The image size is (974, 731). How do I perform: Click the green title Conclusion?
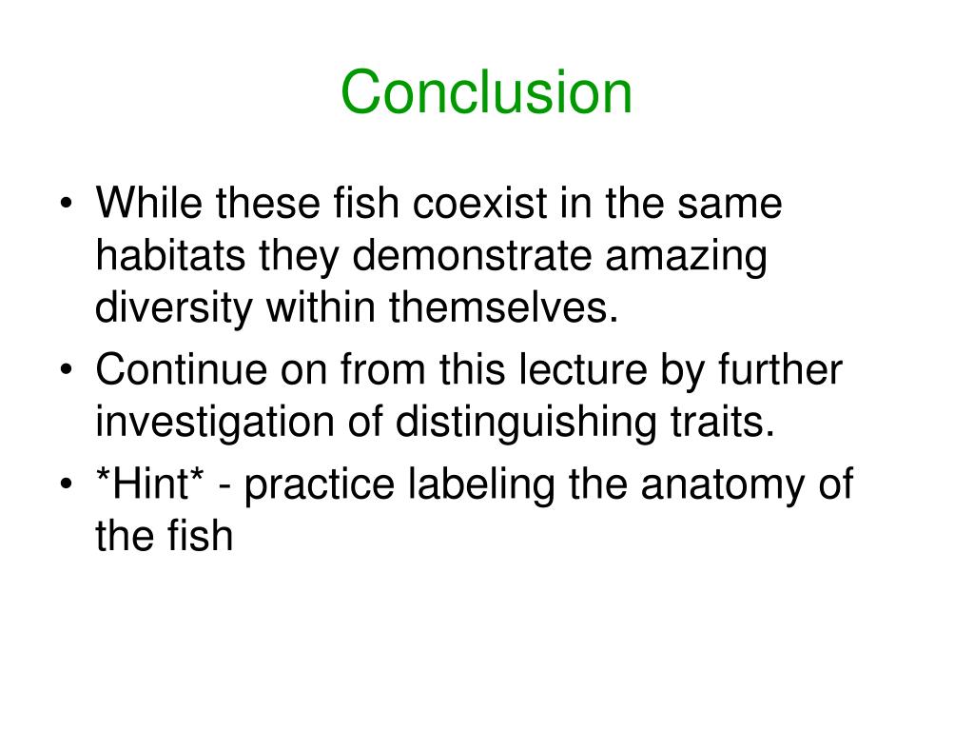pos(486,93)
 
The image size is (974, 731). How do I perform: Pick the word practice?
pos(322,485)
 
